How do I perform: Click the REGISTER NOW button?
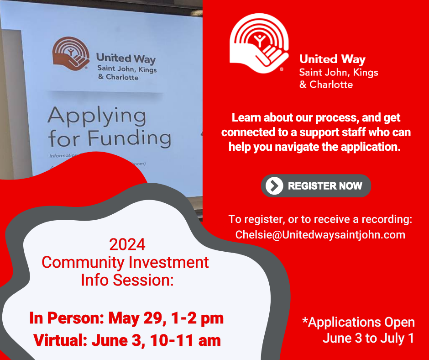(316, 186)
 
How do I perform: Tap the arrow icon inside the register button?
(274, 186)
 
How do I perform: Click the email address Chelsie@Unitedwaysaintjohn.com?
(320, 234)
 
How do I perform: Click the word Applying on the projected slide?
(96, 116)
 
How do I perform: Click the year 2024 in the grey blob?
(127, 245)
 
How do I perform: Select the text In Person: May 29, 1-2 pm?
(126, 318)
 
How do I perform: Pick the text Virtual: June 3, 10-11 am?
(127, 340)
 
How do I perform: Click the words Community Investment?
(125, 262)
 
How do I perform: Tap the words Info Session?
(127, 280)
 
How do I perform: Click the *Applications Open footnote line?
(358, 322)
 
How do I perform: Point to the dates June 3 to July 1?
(368, 339)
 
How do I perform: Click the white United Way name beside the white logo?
(332, 59)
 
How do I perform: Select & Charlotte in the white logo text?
(326, 85)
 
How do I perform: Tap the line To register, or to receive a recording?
(320, 219)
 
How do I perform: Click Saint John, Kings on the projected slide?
(126, 69)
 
